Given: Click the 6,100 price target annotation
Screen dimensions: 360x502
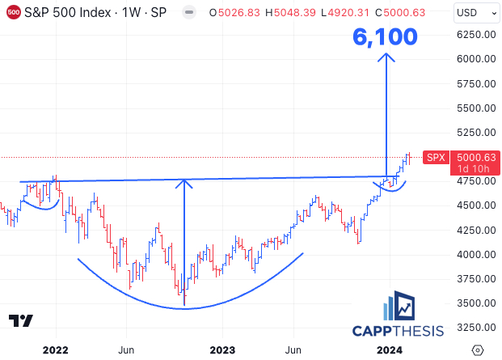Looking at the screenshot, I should tap(385, 36).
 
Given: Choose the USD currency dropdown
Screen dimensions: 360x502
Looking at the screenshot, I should tap(473, 12).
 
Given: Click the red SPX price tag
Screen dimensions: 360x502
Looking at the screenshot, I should tap(436, 157).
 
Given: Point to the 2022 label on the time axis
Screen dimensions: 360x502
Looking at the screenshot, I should tap(56, 349).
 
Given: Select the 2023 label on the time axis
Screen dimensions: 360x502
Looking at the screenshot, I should tap(221, 349).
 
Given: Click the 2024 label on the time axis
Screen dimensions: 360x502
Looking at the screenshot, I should tap(390, 349).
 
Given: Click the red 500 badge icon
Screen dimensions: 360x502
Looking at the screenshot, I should tap(12, 13).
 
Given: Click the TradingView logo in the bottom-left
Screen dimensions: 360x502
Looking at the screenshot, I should tap(21, 320).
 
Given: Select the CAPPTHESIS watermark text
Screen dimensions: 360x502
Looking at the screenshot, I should tap(398, 330).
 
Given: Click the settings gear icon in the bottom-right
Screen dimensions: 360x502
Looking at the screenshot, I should tap(477, 349).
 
